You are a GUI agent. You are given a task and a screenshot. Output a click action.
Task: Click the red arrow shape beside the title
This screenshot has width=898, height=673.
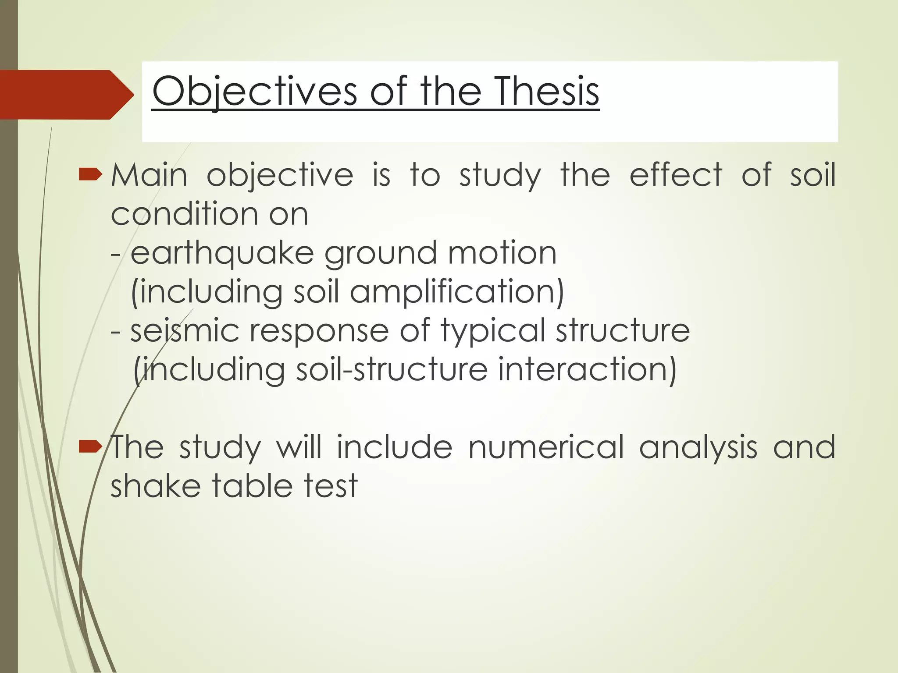tap(66, 95)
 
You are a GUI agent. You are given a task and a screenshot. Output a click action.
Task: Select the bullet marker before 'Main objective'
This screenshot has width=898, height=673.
tap(90, 175)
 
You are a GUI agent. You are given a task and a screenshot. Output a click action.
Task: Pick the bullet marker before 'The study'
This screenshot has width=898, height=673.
tap(90, 447)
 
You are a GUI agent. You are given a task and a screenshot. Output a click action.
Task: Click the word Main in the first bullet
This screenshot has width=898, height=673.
tap(149, 175)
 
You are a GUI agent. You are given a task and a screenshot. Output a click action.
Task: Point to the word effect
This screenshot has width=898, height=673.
tap(676, 175)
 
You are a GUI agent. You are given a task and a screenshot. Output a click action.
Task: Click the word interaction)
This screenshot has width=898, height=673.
tap(587, 370)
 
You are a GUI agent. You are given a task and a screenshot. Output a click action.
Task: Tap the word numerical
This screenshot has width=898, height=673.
tap(546, 447)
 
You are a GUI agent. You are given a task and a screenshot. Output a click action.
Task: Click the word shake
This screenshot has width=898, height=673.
tap(156, 486)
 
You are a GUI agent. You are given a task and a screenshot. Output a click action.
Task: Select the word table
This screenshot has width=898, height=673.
tap(249, 486)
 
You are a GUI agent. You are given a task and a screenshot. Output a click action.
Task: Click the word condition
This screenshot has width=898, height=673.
tap(185, 214)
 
